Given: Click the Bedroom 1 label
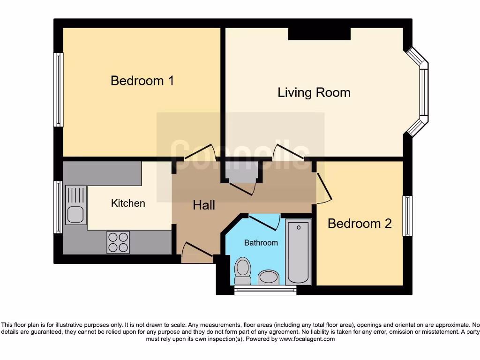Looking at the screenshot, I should coord(142,81).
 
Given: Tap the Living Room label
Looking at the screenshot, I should coord(314,92).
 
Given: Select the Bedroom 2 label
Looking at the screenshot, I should coord(360,224).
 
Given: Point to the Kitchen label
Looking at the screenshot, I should coord(128,203).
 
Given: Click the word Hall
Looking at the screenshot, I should coord(204,205).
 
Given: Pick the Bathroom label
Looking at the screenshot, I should coord(261,243).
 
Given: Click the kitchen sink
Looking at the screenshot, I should coord(76,205).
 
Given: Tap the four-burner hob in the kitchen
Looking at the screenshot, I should coord(118,242).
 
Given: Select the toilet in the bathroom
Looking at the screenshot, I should coord(242,270).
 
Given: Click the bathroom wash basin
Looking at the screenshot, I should coord(268,277).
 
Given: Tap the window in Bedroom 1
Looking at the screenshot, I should coord(58,90).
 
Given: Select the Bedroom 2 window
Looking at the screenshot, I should coord(408,216).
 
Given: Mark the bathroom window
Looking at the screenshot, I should coord(265,290).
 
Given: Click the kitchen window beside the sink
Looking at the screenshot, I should coord(58,207).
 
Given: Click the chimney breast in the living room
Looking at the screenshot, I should coord(319,34).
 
